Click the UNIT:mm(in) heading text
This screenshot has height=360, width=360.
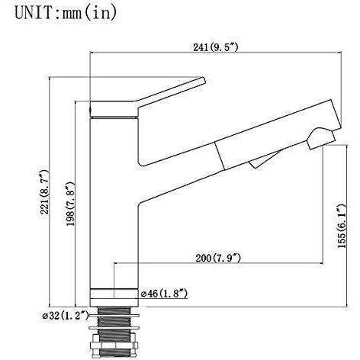click(x=66, y=13)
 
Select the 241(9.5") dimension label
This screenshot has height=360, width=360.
click(x=216, y=47)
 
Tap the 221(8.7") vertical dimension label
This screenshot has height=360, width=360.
click(x=44, y=192)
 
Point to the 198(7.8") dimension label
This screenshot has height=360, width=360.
click(x=70, y=204)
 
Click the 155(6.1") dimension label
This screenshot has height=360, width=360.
click(x=342, y=226)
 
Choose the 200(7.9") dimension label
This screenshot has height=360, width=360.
click(x=218, y=258)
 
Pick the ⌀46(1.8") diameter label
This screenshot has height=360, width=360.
click(x=165, y=294)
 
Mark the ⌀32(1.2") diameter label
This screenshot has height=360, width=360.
click(x=66, y=316)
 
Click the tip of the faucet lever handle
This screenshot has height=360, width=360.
click(x=203, y=80)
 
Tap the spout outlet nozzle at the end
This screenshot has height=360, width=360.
click(x=321, y=139)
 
